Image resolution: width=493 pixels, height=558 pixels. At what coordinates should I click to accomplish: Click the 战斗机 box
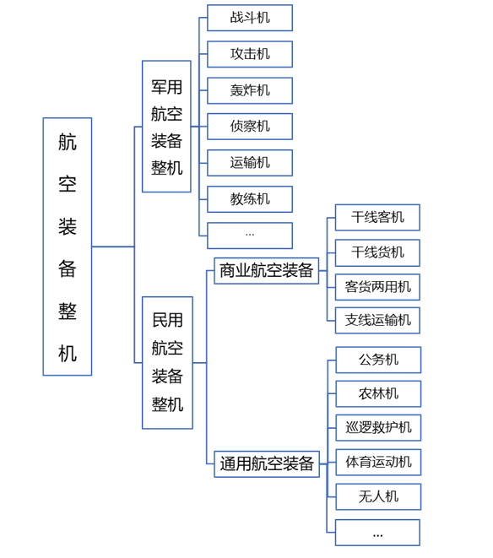click(250, 18)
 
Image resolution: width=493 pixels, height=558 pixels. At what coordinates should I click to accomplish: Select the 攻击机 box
click(250, 54)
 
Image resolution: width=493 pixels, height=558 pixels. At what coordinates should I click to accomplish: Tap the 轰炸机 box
click(250, 90)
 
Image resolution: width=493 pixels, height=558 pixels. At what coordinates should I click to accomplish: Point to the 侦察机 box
click(250, 127)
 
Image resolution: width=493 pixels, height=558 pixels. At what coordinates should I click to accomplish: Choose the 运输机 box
click(250, 163)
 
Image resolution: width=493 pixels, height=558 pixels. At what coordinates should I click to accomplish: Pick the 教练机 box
click(250, 199)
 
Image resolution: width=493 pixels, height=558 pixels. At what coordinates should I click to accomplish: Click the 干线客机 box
click(377, 218)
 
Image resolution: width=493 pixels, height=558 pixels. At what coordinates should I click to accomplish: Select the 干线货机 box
click(377, 252)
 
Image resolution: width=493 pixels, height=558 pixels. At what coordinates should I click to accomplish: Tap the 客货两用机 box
click(377, 287)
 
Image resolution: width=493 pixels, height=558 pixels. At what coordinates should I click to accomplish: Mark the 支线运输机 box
click(377, 320)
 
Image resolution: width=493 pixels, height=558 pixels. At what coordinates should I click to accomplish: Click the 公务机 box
click(378, 360)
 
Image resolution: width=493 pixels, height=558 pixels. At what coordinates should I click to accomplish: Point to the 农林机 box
click(378, 394)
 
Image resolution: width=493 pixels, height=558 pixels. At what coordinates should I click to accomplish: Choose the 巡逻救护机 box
click(378, 428)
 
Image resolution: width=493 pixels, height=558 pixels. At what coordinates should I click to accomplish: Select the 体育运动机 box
click(378, 463)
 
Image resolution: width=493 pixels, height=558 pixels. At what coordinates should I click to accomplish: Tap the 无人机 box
click(378, 496)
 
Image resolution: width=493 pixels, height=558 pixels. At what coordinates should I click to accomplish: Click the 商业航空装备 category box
click(266, 271)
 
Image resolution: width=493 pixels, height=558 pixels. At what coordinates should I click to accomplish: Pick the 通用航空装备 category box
click(267, 464)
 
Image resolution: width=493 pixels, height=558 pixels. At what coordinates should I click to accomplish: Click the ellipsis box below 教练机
click(250, 236)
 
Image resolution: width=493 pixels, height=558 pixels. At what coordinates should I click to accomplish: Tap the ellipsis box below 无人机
click(377, 533)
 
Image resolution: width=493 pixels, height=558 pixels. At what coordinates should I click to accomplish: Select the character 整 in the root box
click(68, 312)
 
